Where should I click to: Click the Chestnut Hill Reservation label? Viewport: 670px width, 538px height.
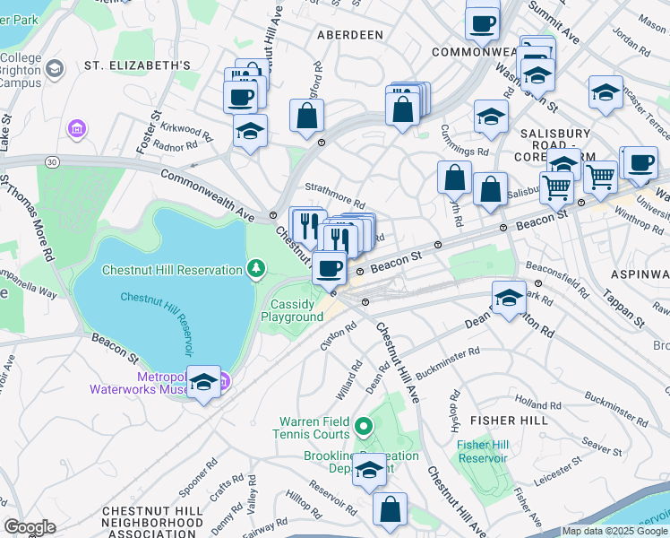point(172,270)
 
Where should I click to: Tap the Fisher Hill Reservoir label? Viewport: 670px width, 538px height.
point(482,451)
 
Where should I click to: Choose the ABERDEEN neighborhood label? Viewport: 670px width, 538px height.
point(349,35)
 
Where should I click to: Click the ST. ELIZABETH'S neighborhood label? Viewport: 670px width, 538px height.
point(137,65)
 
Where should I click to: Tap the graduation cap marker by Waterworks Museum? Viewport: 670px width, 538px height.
point(204,384)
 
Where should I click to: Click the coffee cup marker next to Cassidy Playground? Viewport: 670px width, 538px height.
point(330,267)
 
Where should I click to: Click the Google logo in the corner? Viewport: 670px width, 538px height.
point(30,526)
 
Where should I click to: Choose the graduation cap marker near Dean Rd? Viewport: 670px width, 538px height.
point(509,299)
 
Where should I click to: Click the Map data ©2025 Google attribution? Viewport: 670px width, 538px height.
point(614,531)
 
